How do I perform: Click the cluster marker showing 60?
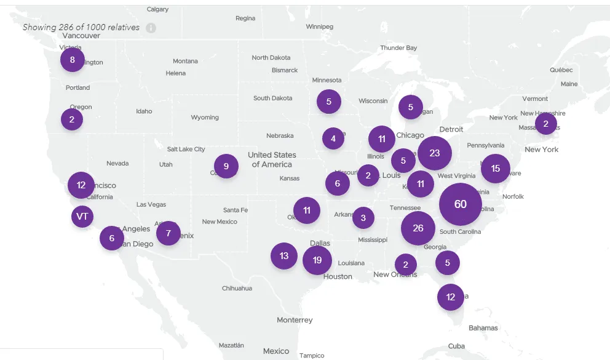(460, 204)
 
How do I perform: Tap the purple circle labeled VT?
(82, 217)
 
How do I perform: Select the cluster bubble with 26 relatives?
(418, 228)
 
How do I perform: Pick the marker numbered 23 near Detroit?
(435, 153)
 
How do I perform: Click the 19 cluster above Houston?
(317, 260)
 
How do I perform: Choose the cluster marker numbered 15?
(495, 169)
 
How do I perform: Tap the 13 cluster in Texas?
(284, 256)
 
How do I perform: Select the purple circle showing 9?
(226, 166)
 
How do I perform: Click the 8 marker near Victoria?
(73, 60)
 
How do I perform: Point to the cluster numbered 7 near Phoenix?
(168, 233)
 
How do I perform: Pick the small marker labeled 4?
(333, 138)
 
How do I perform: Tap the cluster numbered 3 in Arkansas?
(363, 217)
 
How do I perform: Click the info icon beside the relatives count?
(151, 28)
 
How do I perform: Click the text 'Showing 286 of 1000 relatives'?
(81, 28)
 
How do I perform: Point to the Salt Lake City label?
(186, 149)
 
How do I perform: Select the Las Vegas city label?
(151, 204)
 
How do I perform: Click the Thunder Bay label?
(398, 48)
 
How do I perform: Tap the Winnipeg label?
(319, 26)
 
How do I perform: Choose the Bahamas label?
(483, 328)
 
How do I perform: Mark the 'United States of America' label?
(272, 159)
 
